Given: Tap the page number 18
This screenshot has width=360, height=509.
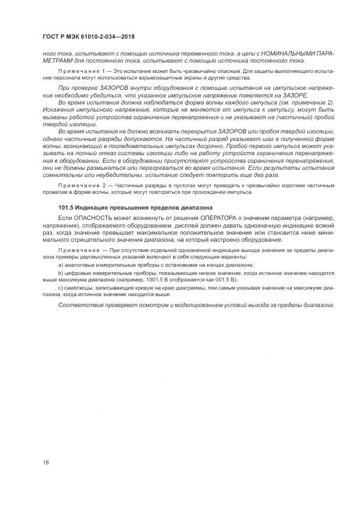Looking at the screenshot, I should click(x=45, y=463).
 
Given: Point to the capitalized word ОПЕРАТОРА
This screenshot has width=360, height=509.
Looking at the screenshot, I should click(x=203, y=218).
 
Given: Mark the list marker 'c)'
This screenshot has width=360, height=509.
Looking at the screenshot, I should click(x=60, y=287).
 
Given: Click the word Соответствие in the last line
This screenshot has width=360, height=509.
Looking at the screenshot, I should click(x=78, y=305).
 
